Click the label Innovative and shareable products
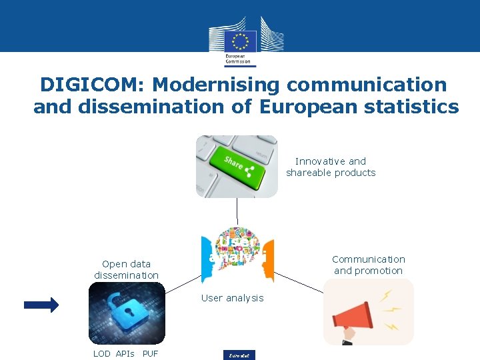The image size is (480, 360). [x=331, y=167]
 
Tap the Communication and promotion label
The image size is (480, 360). [x=368, y=265]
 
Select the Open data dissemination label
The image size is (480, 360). [x=126, y=269]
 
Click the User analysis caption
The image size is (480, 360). [x=232, y=298]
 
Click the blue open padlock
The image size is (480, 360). [x=127, y=310]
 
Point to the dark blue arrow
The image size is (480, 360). [x=41, y=305]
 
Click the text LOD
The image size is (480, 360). [x=102, y=353]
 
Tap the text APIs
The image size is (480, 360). [x=125, y=353]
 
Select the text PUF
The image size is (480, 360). [x=150, y=353]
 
